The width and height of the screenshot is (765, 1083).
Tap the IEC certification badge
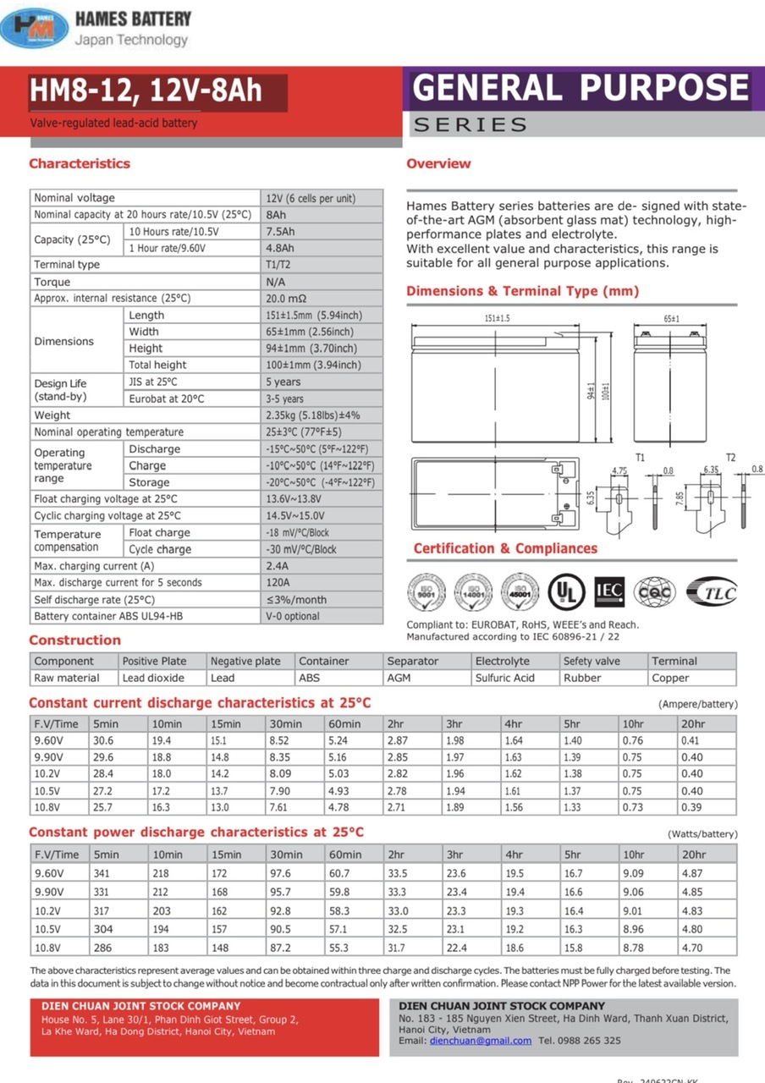[x=609, y=590]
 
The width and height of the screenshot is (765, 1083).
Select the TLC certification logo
[x=711, y=591]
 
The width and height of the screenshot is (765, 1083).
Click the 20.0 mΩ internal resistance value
[x=286, y=299]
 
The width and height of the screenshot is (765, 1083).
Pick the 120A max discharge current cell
[x=278, y=583]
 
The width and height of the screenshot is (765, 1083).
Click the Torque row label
[x=52, y=282]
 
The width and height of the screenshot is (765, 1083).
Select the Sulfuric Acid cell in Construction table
[x=505, y=678]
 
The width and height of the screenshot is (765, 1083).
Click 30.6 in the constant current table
[x=103, y=740]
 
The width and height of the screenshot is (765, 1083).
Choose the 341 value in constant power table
[x=102, y=873]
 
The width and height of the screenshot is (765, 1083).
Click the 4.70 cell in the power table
[x=692, y=948]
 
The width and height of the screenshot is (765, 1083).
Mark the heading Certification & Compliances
[x=505, y=548]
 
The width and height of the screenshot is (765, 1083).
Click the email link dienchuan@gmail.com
[x=481, y=1041]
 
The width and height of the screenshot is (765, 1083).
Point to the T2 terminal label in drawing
[x=730, y=458]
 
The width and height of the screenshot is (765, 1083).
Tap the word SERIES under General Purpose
[x=471, y=125]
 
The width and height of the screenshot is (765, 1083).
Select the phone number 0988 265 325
[x=590, y=1041]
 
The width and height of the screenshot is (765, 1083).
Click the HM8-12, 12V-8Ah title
[x=146, y=91]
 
